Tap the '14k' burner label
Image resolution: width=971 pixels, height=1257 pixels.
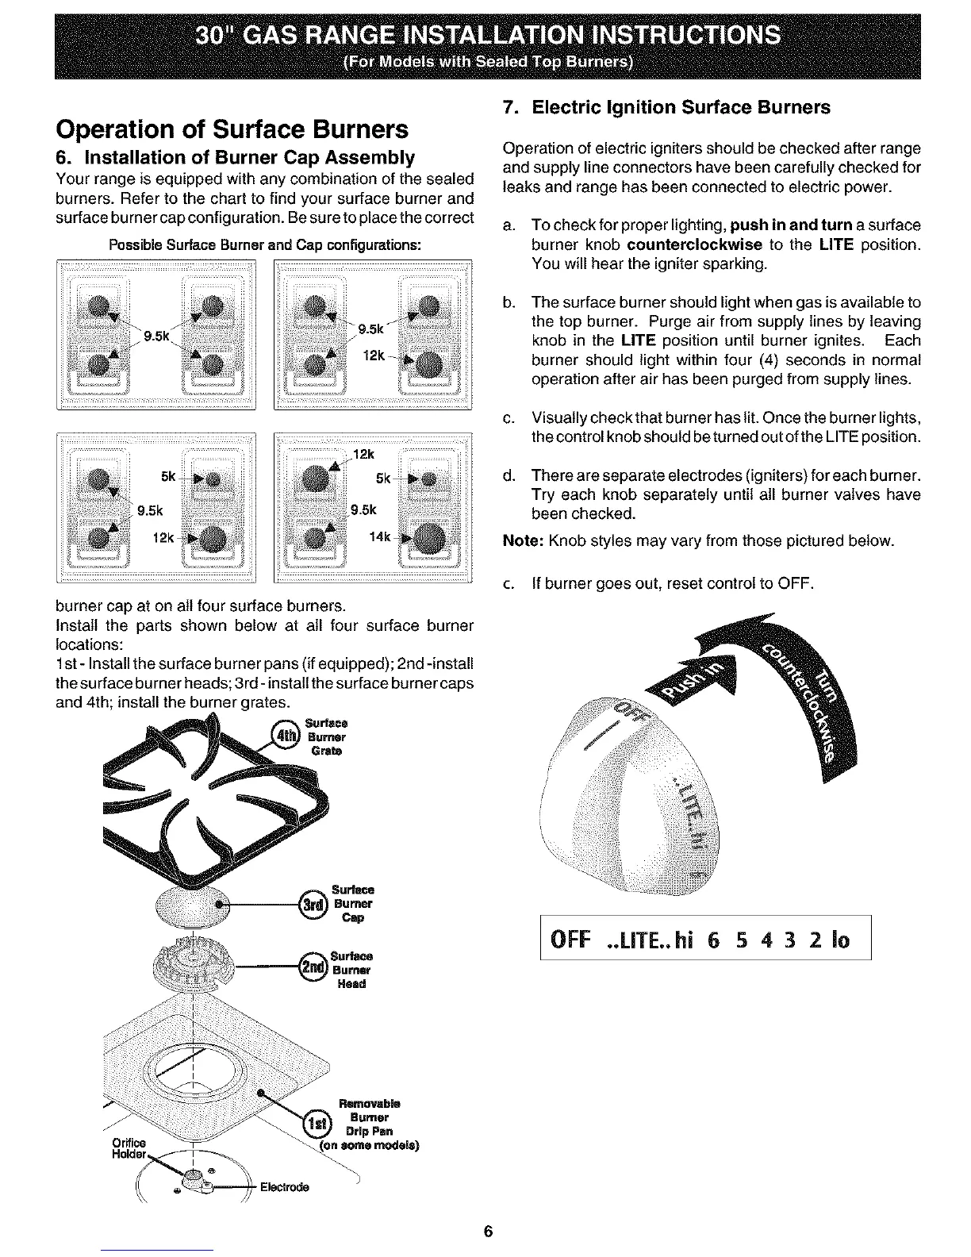(x=379, y=537)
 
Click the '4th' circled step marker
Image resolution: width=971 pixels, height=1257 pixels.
(x=283, y=736)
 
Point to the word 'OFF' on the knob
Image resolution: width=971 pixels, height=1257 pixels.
(x=630, y=709)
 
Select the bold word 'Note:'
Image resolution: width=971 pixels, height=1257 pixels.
(x=522, y=542)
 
